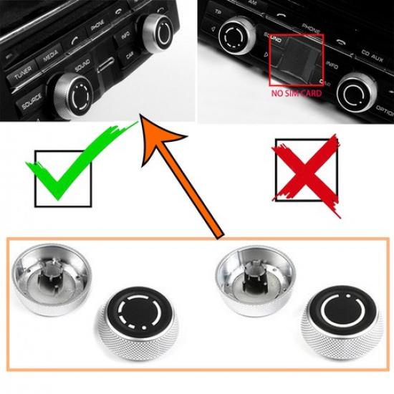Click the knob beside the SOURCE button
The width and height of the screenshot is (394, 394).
click(x=71, y=96)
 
